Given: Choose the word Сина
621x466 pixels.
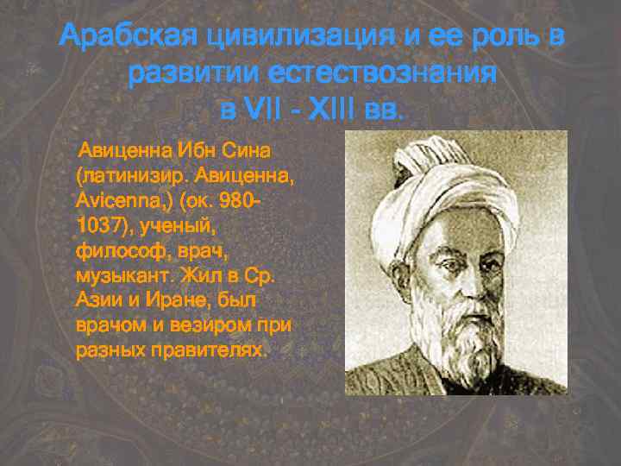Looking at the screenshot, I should click(x=247, y=150).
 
